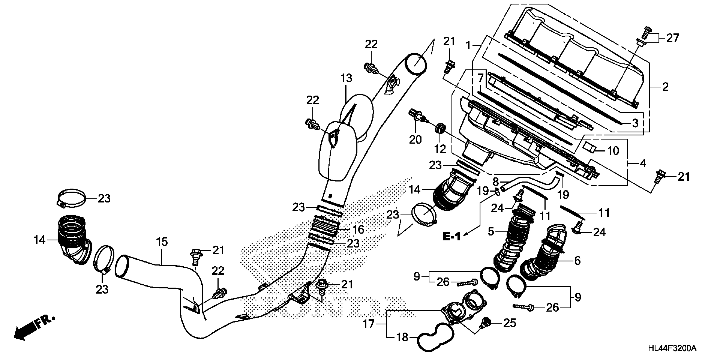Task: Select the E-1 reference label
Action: [451, 237]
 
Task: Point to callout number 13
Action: [346, 79]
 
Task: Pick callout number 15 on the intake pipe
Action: [162, 242]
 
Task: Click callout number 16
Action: [358, 230]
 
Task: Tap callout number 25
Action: [509, 323]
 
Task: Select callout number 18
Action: [403, 338]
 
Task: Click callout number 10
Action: [613, 151]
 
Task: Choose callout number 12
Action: [440, 149]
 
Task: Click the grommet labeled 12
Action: [440, 129]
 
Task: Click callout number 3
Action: [635, 123]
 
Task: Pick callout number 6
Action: [577, 261]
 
